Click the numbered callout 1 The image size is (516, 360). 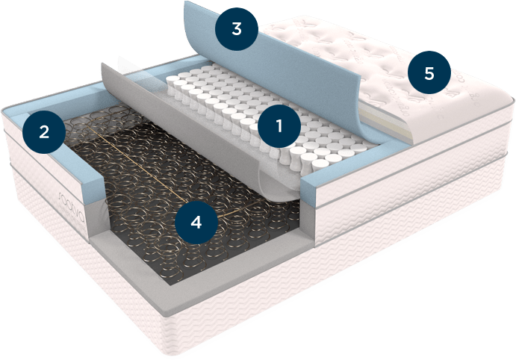tap(279, 125)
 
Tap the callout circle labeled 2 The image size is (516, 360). tap(44, 132)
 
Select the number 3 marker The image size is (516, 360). tap(236, 30)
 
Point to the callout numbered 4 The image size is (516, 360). tap(196, 221)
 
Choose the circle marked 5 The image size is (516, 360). tap(428, 74)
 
